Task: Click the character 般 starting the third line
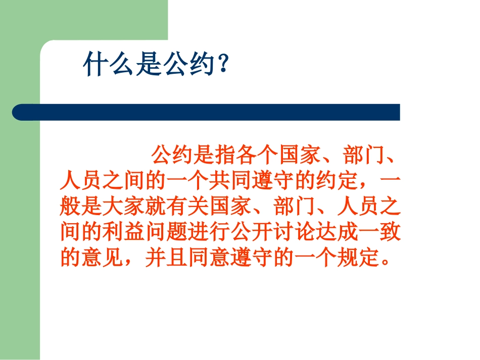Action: [x=69, y=207]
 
